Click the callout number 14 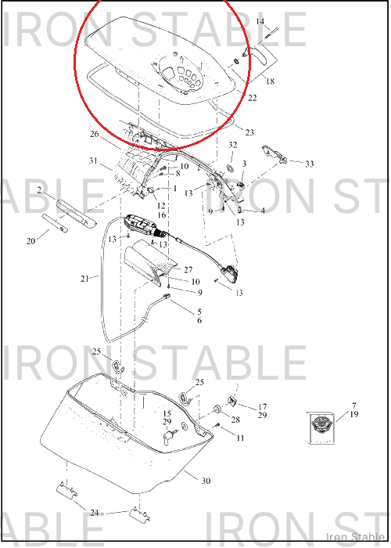coord(260,22)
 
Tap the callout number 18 coord(271,81)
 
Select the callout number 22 coord(253,98)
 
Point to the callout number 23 coord(249,132)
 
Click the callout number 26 coord(95,134)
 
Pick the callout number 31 coord(93,160)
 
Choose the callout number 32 coord(233,145)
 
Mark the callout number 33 coord(310,164)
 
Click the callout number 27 coord(188,269)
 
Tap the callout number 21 coord(84,279)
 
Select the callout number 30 coord(206,481)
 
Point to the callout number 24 coord(95,513)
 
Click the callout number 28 coord(235,420)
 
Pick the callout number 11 coord(240,438)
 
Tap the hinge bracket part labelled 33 coord(274,154)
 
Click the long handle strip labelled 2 coord(77,213)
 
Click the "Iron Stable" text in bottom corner coord(355,537)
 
